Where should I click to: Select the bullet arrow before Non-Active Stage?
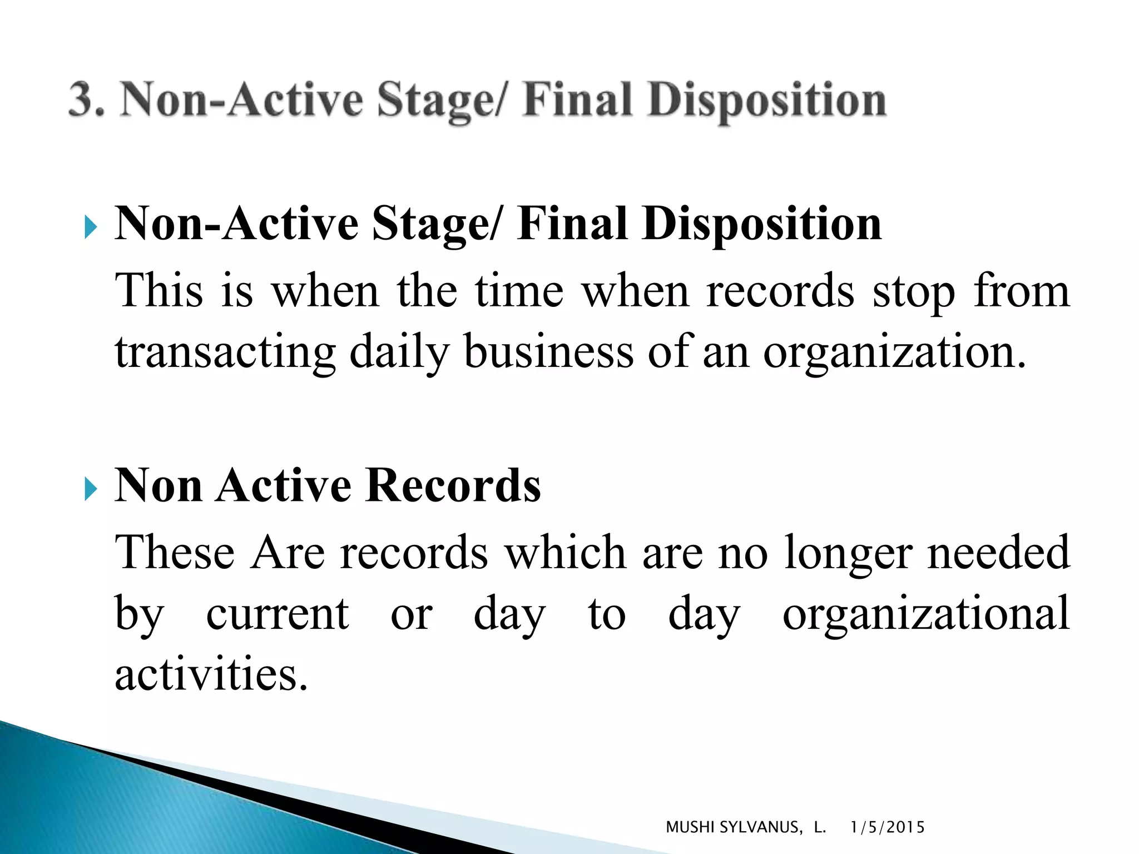[91, 227]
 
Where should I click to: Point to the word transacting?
[225, 352]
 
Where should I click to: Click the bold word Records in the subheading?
[453, 485]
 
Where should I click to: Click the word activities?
[211, 674]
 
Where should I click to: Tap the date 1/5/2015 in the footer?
[888, 827]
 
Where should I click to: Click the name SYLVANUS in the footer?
[761, 827]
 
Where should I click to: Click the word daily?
[399, 352]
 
